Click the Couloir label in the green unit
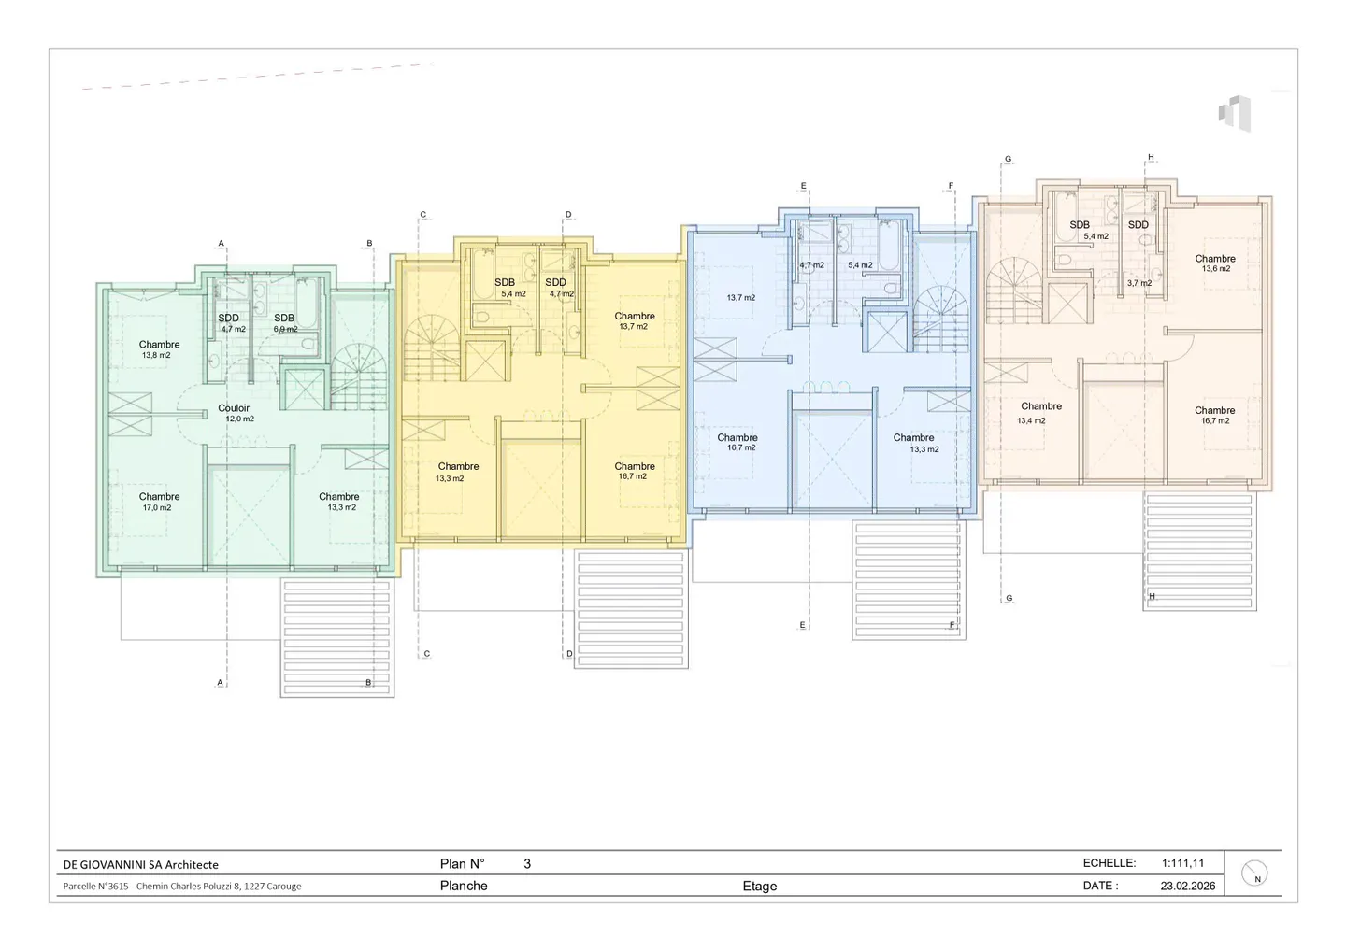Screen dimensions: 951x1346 click(x=234, y=408)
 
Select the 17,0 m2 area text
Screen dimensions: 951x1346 click(x=157, y=508)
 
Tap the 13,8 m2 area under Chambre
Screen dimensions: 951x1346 click(x=156, y=356)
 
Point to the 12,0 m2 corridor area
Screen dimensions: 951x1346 click(x=239, y=419)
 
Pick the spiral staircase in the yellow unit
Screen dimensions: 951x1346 click(x=432, y=347)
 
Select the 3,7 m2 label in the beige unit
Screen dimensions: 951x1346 click(x=1138, y=283)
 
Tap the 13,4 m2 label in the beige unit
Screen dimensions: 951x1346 click(x=1031, y=421)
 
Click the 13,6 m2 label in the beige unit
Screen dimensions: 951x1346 click(x=1215, y=269)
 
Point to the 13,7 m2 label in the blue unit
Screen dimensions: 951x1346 click(x=740, y=298)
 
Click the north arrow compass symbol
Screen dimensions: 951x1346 click(x=1254, y=873)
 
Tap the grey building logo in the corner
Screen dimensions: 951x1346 click(x=1235, y=113)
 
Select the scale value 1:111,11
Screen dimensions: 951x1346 click(x=1182, y=863)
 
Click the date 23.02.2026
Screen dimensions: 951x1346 click(x=1188, y=886)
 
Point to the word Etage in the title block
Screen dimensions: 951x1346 click(x=759, y=887)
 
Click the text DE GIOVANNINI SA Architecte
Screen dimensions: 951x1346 click(x=141, y=865)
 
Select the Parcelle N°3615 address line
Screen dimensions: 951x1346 click(x=182, y=887)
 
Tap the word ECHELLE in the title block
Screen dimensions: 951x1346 click(x=1109, y=863)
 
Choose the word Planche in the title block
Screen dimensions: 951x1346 click(x=464, y=886)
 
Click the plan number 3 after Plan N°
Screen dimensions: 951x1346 click(x=527, y=864)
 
